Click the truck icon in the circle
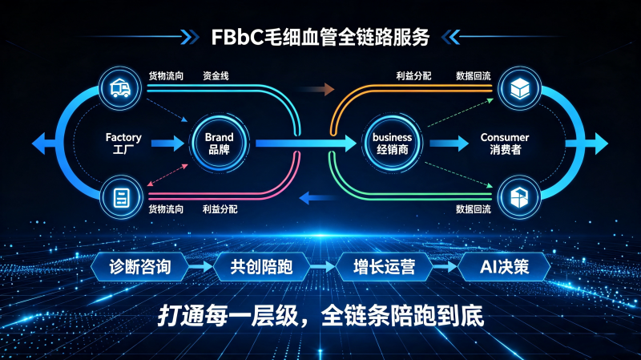120,88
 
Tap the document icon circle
121,197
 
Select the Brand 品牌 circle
219,144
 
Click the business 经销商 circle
392,144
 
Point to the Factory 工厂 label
123,144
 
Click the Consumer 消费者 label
505,144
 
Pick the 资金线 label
216,75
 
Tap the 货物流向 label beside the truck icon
166,75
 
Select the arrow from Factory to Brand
167,144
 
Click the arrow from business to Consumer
449,144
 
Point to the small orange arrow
317,89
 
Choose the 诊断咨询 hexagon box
139,267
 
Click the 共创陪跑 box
261,267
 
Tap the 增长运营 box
384,267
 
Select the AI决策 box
504,267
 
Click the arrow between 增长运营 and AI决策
445,267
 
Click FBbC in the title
237,37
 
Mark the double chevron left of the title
190,37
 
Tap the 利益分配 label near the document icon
220,209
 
